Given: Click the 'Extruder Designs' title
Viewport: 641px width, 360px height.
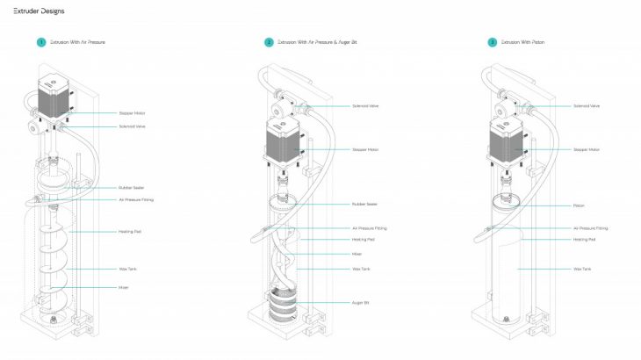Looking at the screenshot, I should tap(32, 11).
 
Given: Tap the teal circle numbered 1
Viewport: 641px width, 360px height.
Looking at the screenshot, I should tap(40, 42).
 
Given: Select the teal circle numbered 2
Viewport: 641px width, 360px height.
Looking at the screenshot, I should tap(269, 42).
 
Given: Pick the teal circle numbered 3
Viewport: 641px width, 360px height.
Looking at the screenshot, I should tap(493, 42).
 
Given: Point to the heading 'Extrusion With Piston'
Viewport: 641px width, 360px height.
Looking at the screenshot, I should tap(524, 42).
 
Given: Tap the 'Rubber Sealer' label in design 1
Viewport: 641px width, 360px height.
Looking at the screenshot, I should tap(131, 188).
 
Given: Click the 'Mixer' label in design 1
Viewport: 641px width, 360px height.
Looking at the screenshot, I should tap(124, 287).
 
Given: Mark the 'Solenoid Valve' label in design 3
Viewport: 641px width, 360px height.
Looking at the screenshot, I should tap(586, 106).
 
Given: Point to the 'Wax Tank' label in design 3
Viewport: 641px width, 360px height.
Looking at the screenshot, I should tap(581, 269).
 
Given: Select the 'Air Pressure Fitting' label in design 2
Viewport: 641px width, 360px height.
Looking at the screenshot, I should tap(369, 228).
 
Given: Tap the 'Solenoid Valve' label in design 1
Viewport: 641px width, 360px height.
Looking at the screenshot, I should tap(133, 126).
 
